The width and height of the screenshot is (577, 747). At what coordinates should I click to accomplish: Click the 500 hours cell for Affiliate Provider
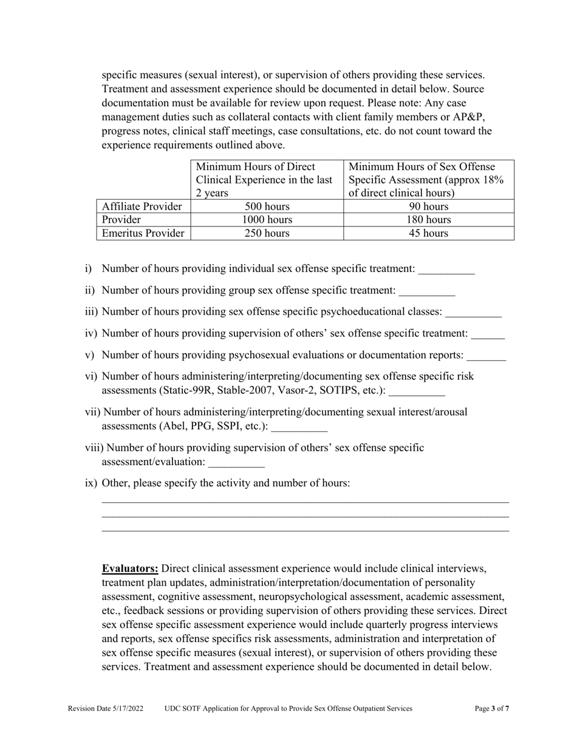[x=267, y=206]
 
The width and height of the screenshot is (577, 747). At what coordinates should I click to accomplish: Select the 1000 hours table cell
[x=267, y=220]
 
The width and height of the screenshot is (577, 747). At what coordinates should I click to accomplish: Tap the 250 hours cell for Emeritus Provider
[x=267, y=233]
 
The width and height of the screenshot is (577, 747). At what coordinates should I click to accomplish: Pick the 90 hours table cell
[x=429, y=206]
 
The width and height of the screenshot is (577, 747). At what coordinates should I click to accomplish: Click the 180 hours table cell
[x=429, y=220]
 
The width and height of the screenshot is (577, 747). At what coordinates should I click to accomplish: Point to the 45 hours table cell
[x=429, y=233]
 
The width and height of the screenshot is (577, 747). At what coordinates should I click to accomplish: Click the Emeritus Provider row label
[x=143, y=233]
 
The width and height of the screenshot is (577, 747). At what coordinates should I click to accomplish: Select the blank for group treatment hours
[x=427, y=291]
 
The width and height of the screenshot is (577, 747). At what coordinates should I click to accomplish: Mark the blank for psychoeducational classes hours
[x=473, y=312]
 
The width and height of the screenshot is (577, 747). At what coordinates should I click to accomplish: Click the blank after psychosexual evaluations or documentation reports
[x=486, y=355]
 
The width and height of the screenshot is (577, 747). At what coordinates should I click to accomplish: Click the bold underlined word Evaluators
[x=130, y=569]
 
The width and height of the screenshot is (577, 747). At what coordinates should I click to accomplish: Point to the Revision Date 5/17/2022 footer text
[x=106, y=708]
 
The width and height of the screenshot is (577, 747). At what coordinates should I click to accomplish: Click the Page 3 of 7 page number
[x=491, y=708]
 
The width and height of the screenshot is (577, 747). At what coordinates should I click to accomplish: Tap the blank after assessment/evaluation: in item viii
[x=236, y=462]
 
